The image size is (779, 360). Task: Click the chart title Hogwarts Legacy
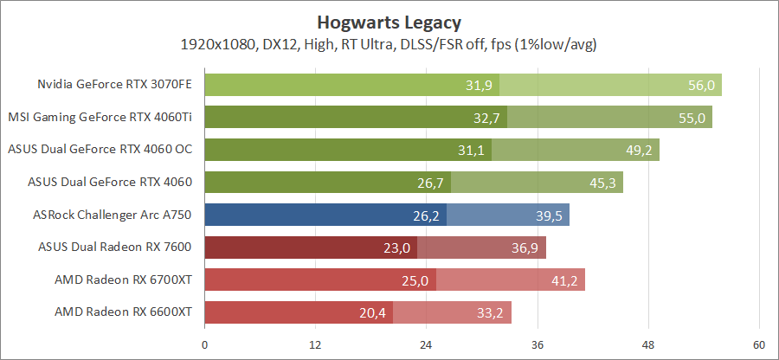click(x=389, y=22)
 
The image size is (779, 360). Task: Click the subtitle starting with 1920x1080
click(x=389, y=43)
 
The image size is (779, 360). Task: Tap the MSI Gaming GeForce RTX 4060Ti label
click(x=100, y=117)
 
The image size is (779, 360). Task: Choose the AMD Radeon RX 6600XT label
click(x=123, y=312)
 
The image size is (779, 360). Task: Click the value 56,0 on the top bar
click(x=700, y=85)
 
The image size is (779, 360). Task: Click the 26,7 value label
click(x=428, y=183)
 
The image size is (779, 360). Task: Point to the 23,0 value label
click(x=395, y=247)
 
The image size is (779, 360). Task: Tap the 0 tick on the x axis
click(x=204, y=345)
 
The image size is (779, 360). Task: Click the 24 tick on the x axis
click(x=426, y=345)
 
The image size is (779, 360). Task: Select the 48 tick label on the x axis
click(x=648, y=345)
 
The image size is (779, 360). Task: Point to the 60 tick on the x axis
click(x=759, y=345)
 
